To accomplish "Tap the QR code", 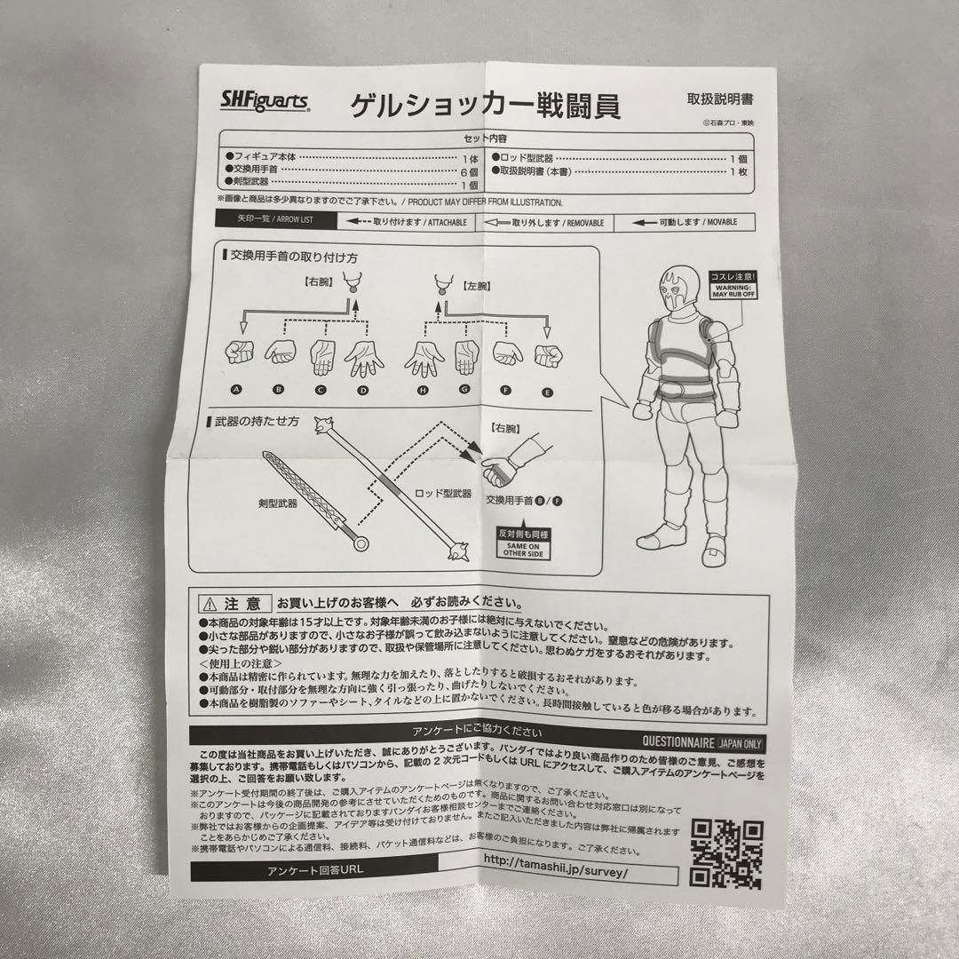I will point(727,853).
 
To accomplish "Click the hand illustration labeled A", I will point(239,353).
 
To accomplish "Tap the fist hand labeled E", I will point(548,355).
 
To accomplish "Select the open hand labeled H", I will point(424,357).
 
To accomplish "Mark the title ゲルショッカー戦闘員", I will point(485,106).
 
